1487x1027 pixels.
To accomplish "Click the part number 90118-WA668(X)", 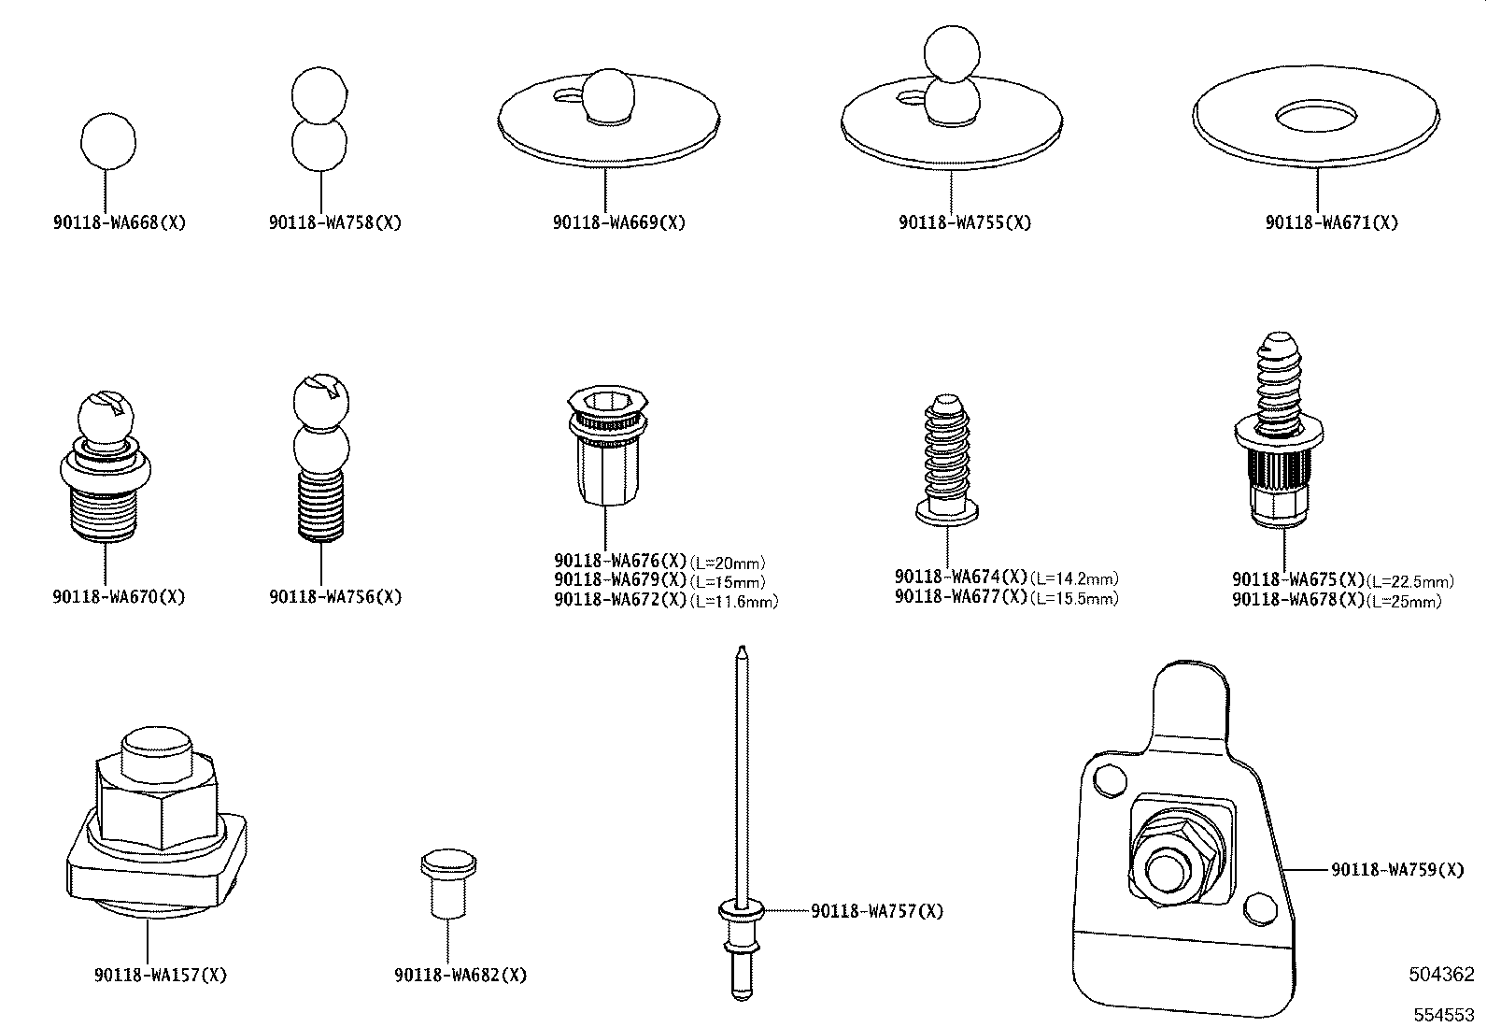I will click(x=120, y=223).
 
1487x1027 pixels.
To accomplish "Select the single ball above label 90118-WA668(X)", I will click(x=107, y=141).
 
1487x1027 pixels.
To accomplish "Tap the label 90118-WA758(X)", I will click(x=335, y=223).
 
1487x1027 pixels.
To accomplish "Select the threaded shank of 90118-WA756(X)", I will click(x=322, y=506).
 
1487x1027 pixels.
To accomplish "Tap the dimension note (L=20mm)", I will click(x=728, y=563).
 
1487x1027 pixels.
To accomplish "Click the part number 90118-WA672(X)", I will click(x=621, y=600).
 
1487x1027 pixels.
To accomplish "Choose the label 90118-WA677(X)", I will click(x=961, y=597).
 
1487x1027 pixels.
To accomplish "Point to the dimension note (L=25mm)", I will click(x=1404, y=602).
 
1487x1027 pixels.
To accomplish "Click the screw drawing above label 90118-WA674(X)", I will click(x=946, y=458).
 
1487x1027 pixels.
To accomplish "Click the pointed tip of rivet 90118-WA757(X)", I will click(x=741, y=651).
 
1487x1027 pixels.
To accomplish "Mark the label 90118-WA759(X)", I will click(x=1397, y=870).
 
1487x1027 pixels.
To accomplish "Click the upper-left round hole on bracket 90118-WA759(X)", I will click(x=1108, y=781).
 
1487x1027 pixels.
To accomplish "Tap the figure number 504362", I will click(x=1441, y=975).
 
